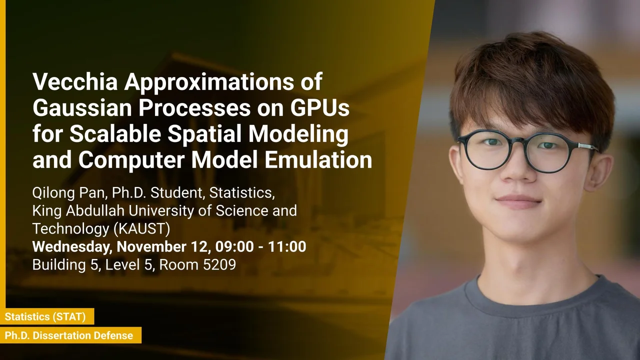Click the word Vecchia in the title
[75, 81]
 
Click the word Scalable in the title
[115, 134]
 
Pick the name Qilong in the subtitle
[53, 193]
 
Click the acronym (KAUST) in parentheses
[141, 228]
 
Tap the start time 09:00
[234, 246]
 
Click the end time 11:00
[287, 246]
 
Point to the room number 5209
[219, 264]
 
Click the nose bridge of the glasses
[521, 142]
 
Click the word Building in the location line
[59, 265]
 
